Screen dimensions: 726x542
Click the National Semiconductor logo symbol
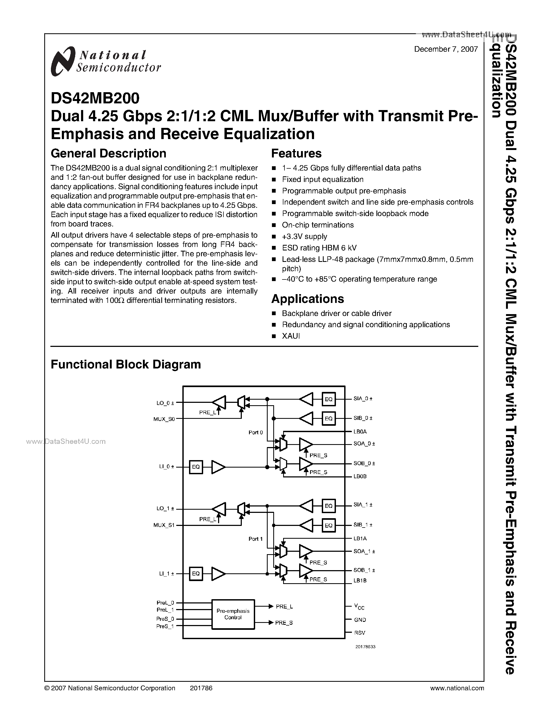coord(62,61)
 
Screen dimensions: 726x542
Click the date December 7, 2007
coord(445,49)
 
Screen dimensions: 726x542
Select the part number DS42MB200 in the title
coord(95,98)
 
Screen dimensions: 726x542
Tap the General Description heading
coord(108,153)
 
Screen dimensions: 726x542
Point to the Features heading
coord(296,153)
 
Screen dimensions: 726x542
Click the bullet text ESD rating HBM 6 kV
coord(319,248)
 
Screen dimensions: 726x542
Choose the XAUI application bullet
coord(291,336)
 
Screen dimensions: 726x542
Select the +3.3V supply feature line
coord(304,236)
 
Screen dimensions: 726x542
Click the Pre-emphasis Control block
coord(233,614)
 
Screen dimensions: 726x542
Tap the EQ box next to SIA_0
coord(328,399)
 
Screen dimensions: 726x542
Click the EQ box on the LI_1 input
coord(196,574)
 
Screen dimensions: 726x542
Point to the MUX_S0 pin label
coord(164,419)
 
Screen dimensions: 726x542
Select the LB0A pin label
coord(360,432)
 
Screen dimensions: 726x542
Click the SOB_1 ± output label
coord(364,570)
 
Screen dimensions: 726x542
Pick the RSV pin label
coord(360,633)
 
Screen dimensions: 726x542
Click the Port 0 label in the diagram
coord(256,432)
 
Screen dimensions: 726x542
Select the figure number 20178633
coord(365,647)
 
